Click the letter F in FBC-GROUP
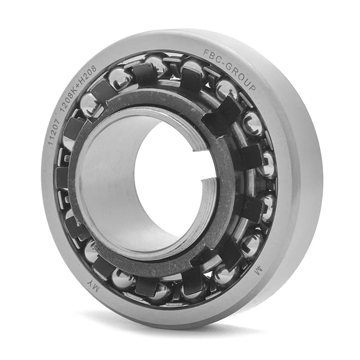pyautogui.click(x=206, y=53)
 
